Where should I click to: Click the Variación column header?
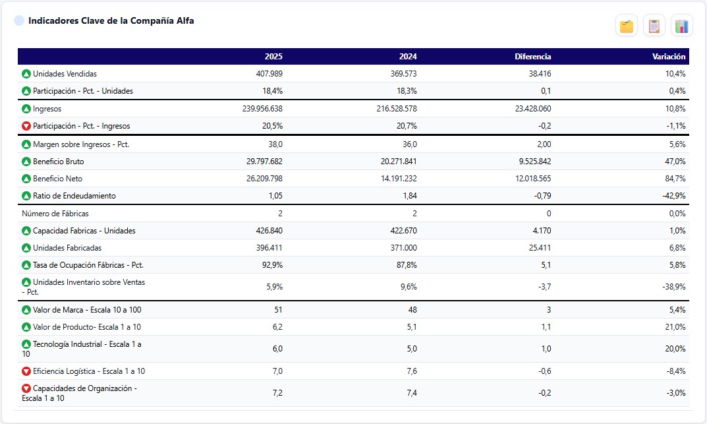(x=669, y=57)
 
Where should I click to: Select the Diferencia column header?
(x=532, y=57)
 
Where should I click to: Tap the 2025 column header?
(x=273, y=57)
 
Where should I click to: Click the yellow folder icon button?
(x=627, y=26)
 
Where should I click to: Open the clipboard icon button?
(x=654, y=26)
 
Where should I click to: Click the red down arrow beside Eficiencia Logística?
(x=26, y=371)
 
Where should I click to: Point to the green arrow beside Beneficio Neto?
(x=26, y=179)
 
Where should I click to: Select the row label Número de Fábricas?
(x=55, y=214)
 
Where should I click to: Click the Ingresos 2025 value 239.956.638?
(x=262, y=109)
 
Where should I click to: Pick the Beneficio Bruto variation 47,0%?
(x=675, y=162)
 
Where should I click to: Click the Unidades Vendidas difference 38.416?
(x=540, y=73)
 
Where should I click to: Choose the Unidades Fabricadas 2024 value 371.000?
(x=403, y=248)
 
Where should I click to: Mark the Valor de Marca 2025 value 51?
(x=278, y=310)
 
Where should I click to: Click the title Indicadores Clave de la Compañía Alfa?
(x=111, y=20)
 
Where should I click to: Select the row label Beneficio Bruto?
(x=58, y=162)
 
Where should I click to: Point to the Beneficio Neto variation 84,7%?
(x=675, y=179)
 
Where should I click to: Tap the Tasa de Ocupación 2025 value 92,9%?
(x=272, y=265)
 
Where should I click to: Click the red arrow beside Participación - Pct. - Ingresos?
(x=26, y=126)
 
